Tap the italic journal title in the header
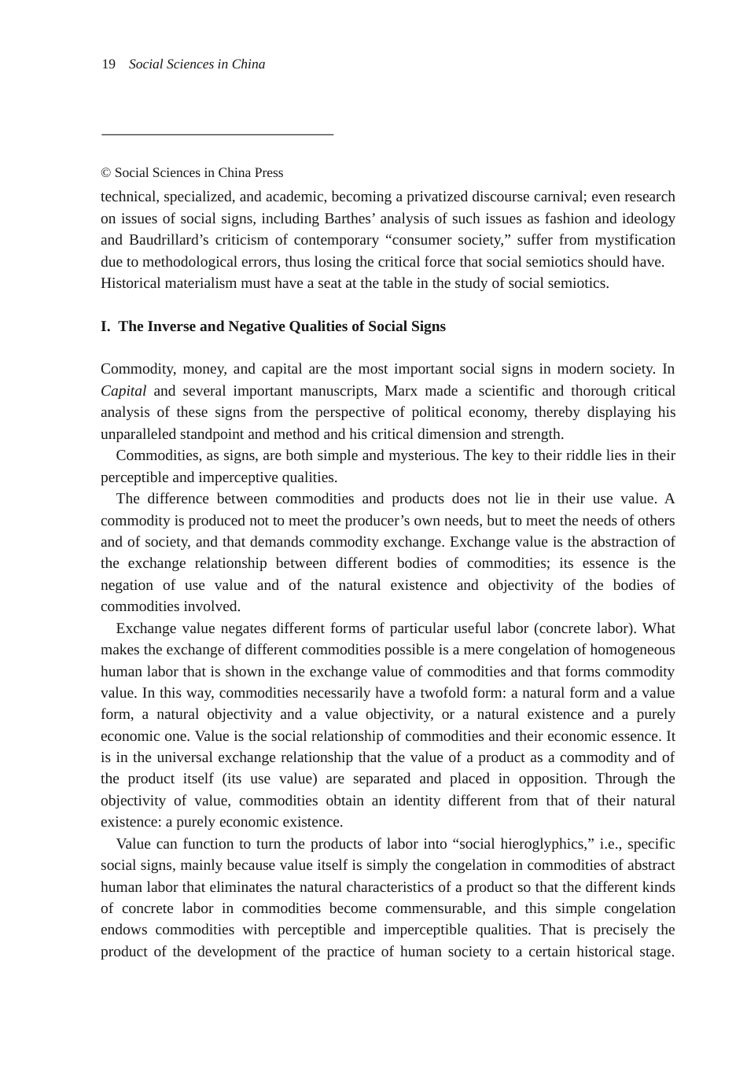[x=197, y=64]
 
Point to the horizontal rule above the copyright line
[x=217, y=134]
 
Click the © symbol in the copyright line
[x=105, y=173]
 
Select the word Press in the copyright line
[x=269, y=173]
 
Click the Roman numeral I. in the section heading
[x=105, y=326]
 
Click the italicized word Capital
[x=123, y=391]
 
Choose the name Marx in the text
[x=401, y=391]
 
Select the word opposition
[x=550, y=779]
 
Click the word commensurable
[x=434, y=908]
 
